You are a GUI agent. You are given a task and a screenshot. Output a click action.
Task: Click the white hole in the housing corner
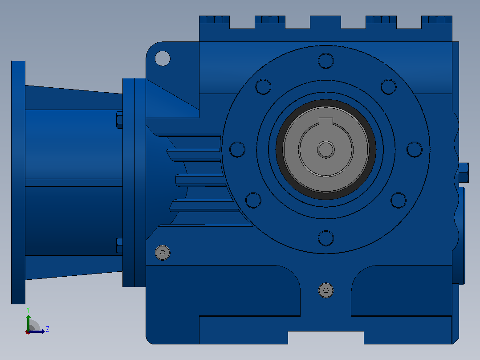coord(163,58)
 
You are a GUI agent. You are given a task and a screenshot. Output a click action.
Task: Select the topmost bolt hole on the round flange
coord(326,61)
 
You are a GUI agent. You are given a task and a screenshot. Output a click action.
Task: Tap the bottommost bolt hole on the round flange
coord(326,238)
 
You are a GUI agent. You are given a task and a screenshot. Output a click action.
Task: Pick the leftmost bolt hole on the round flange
coord(237,150)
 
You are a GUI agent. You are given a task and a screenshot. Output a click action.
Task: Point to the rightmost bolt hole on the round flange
coord(415,150)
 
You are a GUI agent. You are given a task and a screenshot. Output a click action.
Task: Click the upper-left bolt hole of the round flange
coord(263,87)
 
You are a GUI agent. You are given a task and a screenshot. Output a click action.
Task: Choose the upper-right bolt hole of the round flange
coord(388,87)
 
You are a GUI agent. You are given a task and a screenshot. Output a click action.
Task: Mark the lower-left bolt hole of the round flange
coord(253,200)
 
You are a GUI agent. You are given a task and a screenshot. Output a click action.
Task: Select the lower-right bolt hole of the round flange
coord(398,200)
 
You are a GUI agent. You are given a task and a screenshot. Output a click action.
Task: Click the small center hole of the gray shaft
coord(326,150)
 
